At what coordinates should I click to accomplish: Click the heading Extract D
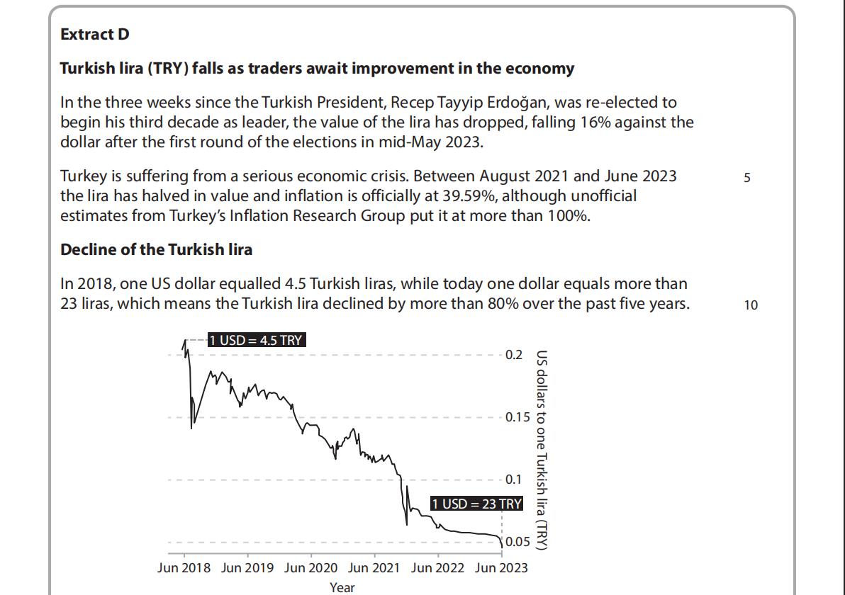[95, 34]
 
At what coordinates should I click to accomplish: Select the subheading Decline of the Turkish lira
[156, 249]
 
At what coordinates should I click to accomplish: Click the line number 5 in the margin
[746, 177]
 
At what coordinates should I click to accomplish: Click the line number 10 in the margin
[751, 305]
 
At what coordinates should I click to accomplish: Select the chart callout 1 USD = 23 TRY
[476, 504]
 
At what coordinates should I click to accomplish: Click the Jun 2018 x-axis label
[184, 567]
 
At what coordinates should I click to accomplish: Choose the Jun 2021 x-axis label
[374, 567]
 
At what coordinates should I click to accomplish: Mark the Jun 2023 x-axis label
[501, 567]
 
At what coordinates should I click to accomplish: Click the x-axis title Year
[342, 586]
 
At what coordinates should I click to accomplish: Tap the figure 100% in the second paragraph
[568, 215]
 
